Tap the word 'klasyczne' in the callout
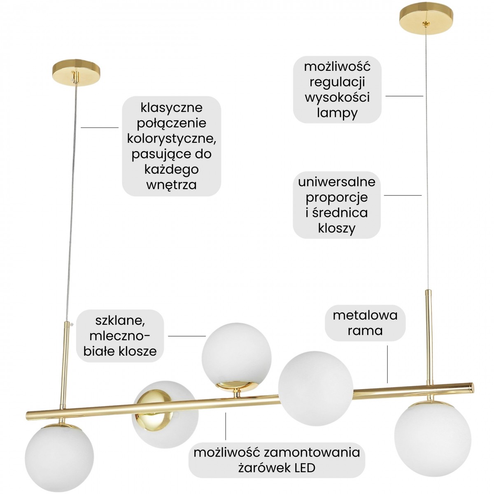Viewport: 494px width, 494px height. coord(172,107)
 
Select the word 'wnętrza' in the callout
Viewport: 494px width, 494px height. coord(172,184)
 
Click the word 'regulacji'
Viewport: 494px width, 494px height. coord(337,82)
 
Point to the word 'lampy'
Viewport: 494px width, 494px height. coord(337,113)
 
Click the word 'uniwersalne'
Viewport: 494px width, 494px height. coord(337,181)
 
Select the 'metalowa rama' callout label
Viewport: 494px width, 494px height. coord(365,323)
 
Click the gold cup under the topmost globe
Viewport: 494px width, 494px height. coord(236,385)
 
